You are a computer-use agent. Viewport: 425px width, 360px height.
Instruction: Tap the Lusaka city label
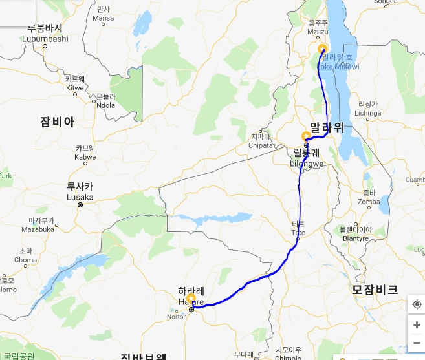(x=80, y=197)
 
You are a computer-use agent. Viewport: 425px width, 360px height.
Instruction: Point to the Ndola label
(x=105, y=105)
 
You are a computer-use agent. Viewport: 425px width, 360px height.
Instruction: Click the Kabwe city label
(x=85, y=156)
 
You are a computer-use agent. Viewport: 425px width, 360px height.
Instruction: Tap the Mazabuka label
(x=38, y=229)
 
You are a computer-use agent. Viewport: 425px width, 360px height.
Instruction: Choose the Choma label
(x=26, y=259)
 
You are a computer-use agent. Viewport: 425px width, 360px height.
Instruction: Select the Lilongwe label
(x=307, y=164)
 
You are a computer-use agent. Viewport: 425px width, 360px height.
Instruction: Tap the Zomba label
(x=369, y=201)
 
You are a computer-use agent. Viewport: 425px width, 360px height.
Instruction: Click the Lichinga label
(x=368, y=112)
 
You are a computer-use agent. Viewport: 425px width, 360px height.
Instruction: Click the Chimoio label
(x=289, y=357)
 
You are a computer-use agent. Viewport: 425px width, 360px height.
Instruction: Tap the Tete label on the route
(x=298, y=231)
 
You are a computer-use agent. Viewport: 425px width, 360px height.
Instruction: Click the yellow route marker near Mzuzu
(x=323, y=48)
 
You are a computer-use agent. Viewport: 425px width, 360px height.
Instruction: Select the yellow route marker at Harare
(x=191, y=299)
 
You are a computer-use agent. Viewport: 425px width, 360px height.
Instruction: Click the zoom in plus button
(x=417, y=324)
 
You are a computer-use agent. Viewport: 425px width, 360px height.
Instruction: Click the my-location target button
(x=417, y=304)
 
